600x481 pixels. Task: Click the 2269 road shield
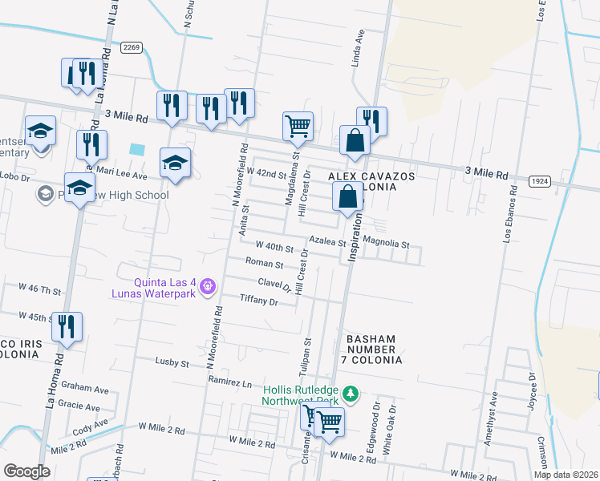[x=132, y=48]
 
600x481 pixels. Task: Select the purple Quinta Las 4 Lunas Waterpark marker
[x=208, y=284]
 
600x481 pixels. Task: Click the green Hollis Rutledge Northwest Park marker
[x=350, y=394]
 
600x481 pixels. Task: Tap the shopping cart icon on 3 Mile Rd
[x=297, y=126]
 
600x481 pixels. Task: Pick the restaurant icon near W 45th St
[x=67, y=327]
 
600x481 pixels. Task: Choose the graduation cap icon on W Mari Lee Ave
[x=175, y=163]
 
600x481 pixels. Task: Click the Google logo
[x=26, y=471]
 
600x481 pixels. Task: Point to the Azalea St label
[x=327, y=241]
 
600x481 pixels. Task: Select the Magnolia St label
[x=387, y=244]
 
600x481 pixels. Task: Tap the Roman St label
[x=265, y=263]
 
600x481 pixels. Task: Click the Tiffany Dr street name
[x=258, y=301]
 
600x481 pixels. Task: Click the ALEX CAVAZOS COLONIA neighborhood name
[x=363, y=180]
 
